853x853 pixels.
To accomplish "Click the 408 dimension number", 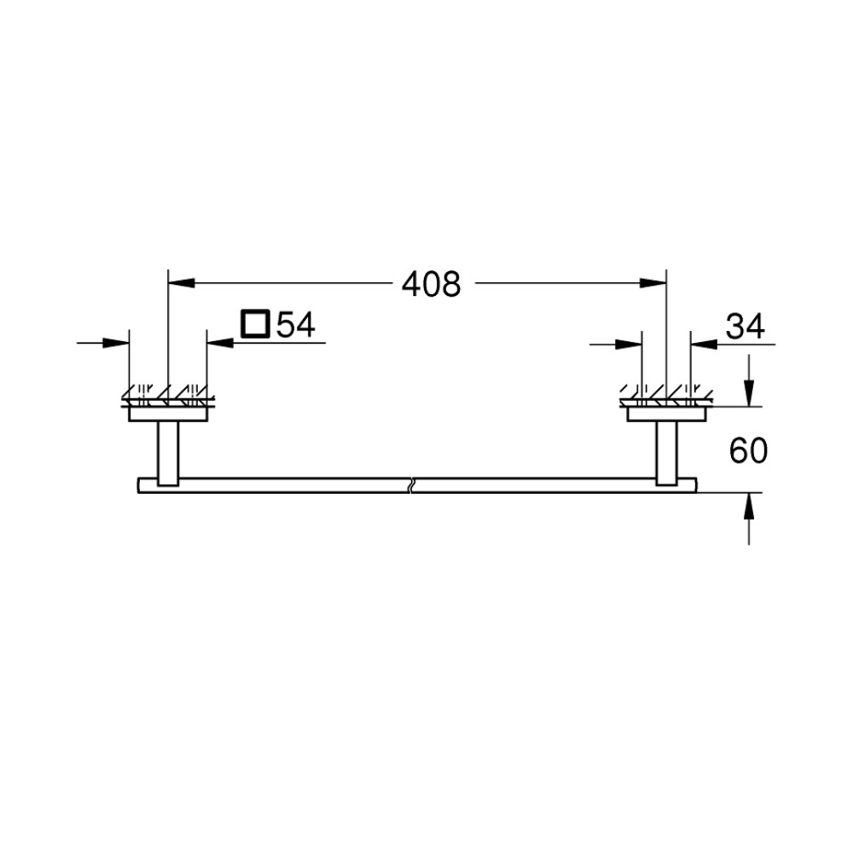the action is pos(432,284).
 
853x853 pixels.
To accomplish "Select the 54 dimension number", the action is pos(295,325).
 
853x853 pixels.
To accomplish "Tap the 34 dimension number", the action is pos(746,327).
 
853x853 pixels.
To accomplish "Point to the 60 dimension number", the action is pos(748,451).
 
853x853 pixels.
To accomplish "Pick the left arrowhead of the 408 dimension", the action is pos(182,283).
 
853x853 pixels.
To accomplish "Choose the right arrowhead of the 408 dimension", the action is pos(653,283).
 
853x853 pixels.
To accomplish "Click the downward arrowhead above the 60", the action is pos(749,392).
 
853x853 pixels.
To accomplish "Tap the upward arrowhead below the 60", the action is pos(749,506).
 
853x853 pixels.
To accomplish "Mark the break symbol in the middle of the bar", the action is pos(412,485).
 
